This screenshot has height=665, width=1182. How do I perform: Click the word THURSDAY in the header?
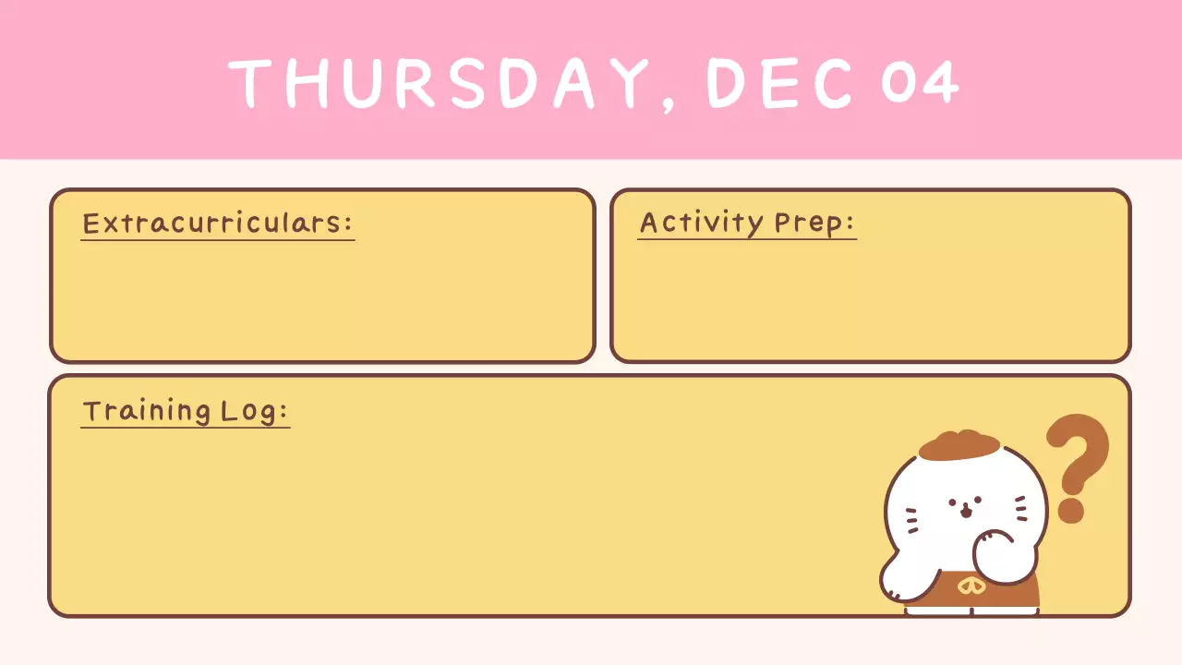[439, 81]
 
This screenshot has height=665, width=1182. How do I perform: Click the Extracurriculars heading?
[217, 224]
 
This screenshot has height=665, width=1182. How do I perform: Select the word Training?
[146, 411]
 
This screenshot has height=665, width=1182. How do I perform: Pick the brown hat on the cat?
[959, 445]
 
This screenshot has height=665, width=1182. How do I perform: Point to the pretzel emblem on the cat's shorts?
[970, 586]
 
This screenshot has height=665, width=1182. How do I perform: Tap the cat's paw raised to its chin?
[995, 548]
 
